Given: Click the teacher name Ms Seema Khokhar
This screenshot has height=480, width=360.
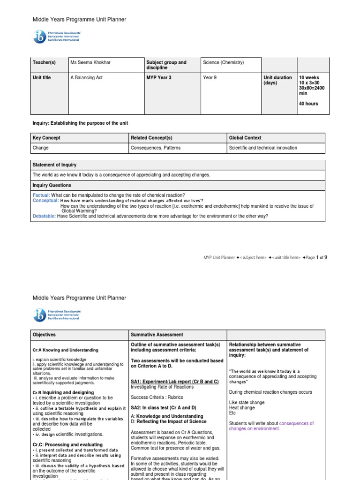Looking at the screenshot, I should coord(91,62).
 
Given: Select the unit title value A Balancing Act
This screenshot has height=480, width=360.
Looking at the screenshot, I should coord(86,78).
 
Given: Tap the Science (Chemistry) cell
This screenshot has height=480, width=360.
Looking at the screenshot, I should coord(223,62).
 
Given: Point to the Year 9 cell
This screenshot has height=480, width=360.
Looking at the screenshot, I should coord(210,78).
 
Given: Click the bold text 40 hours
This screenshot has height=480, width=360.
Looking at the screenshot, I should coord(308,104).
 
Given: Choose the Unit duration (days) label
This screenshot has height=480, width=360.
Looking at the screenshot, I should coord(277,80).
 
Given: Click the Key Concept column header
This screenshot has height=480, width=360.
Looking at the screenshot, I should coord(46,138).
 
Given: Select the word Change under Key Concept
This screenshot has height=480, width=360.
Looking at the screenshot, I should coord(40,148).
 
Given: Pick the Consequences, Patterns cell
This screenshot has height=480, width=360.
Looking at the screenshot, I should coord(156,148).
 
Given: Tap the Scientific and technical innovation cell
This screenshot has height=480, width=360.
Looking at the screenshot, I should coord(262,148).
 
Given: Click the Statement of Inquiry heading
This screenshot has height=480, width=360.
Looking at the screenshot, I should coord(54,165).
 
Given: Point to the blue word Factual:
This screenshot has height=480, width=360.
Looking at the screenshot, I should coord(41,195).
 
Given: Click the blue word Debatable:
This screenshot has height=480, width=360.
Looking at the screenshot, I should coord(44,216).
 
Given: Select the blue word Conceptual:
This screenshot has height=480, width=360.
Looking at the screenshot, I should coord(45,200).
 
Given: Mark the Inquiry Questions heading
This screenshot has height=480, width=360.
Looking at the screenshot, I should coord(52,185).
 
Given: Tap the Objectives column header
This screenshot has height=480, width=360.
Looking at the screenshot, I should coord(44,335).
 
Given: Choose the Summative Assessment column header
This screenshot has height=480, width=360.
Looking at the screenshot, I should coord(157,335).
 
